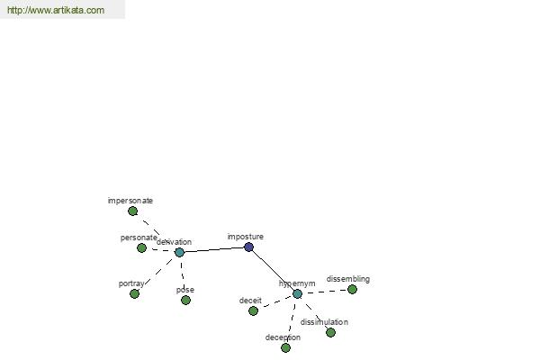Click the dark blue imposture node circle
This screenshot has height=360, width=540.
point(249,247)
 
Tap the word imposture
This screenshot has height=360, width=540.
point(245,237)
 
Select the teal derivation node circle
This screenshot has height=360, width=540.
point(179,252)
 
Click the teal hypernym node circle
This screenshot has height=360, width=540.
point(297,293)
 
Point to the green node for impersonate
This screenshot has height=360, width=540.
point(132,211)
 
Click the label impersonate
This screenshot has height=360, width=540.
point(130,201)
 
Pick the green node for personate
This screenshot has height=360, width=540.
point(141,247)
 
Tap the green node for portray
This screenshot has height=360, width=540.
point(134,293)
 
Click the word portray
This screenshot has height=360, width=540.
point(131,283)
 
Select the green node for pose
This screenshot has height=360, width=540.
point(185,300)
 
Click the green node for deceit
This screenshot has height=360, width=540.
point(253,310)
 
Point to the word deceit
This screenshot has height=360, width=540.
point(250,301)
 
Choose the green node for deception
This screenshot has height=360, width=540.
point(285,347)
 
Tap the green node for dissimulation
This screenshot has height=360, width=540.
point(330,332)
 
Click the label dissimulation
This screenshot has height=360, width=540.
point(324,321)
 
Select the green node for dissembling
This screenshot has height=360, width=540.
point(352,289)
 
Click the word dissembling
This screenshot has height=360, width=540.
point(347,279)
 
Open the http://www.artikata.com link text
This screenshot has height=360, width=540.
point(55,11)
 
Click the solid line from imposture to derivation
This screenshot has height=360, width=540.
point(214,249)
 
